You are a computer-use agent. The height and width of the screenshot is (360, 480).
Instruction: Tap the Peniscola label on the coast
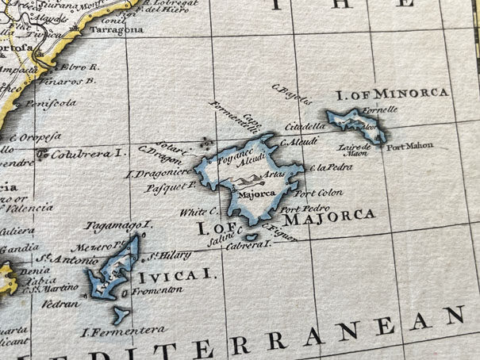[50, 101]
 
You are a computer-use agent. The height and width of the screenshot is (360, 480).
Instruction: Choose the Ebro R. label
[77, 68]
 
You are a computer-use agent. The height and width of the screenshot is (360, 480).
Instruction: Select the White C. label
[198, 213]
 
